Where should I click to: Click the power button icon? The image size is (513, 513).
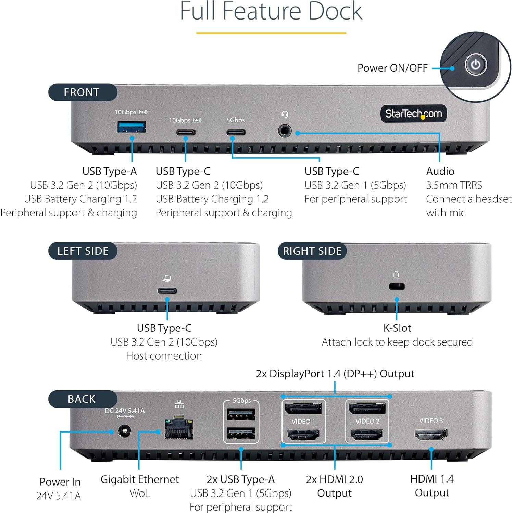click(x=476, y=64)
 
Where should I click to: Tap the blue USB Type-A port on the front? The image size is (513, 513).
click(x=132, y=127)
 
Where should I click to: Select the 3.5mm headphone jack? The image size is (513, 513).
click(x=284, y=131)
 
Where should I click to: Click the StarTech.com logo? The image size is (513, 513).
click(x=413, y=114)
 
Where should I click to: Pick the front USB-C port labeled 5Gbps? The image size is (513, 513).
click(x=236, y=132)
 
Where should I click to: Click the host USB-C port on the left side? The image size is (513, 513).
click(x=167, y=291)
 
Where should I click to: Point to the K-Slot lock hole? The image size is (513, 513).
click(x=397, y=286)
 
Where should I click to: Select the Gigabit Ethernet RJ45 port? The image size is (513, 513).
click(x=179, y=428)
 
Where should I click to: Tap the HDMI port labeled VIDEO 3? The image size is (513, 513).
click(x=431, y=435)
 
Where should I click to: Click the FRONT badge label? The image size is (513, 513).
click(x=82, y=92)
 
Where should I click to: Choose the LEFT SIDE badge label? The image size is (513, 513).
click(x=83, y=251)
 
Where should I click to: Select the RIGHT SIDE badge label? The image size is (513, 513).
click(x=312, y=251)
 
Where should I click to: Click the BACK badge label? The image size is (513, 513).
click(x=82, y=399)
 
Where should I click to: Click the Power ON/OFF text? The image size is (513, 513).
click(x=392, y=68)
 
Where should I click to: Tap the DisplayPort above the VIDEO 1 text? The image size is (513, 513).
click(x=303, y=409)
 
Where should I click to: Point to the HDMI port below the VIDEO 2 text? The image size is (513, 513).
click(x=367, y=435)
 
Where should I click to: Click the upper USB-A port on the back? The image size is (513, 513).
click(x=241, y=414)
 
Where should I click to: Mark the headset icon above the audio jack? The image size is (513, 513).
click(x=285, y=114)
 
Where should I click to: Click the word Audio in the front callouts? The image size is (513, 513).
click(x=440, y=171)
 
